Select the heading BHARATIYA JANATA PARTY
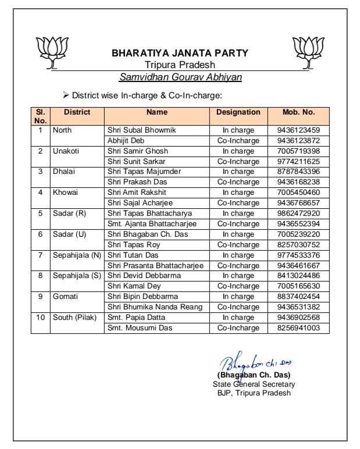point(180,53)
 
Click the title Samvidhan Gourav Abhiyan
point(180,77)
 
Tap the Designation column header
point(238,112)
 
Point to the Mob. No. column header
point(298,112)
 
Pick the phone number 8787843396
point(298,172)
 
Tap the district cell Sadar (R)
point(69,213)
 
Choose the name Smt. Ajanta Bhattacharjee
point(152,224)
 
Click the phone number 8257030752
point(298,245)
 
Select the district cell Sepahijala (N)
point(77,255)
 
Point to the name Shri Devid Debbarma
point(144,276)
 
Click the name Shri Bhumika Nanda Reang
point(154,307)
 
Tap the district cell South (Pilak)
point(75,318)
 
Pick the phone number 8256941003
point(298,328)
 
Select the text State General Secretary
point(254,384)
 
